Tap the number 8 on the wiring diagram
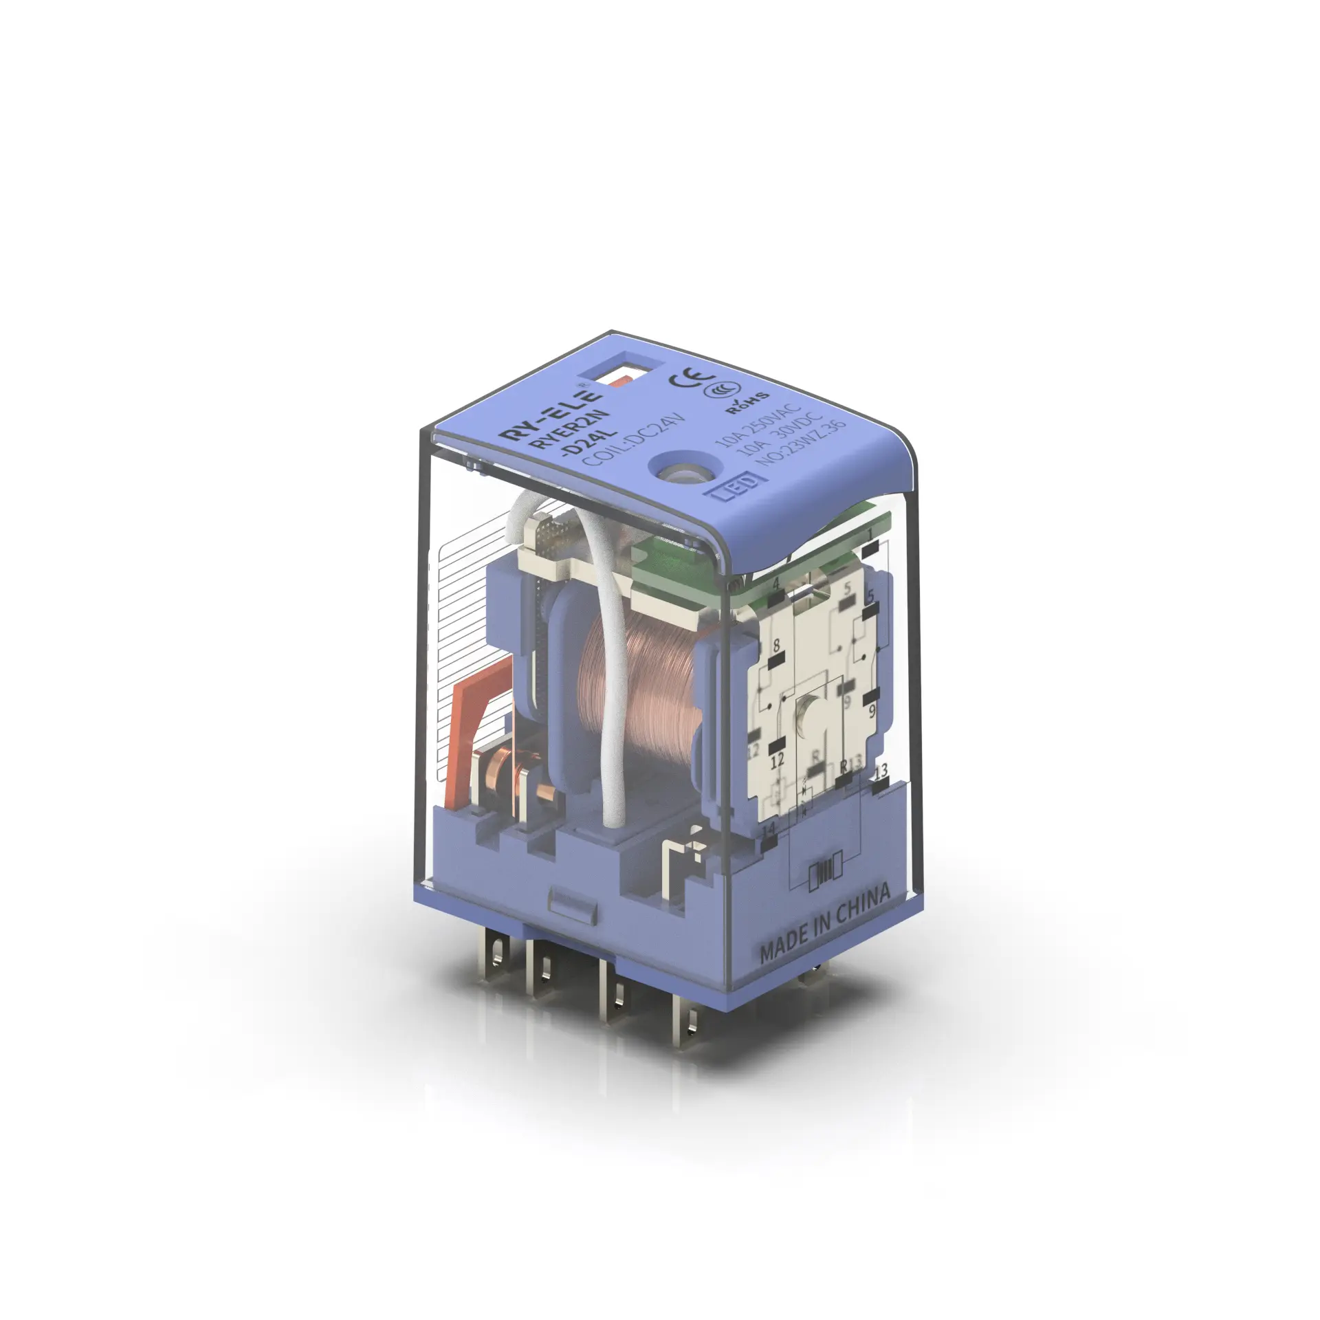click(x=777, y=645)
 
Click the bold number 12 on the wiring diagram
click(x=778, y=761)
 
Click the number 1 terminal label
click(x=870, y=535)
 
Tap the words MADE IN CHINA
click(x=825, y=923)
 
